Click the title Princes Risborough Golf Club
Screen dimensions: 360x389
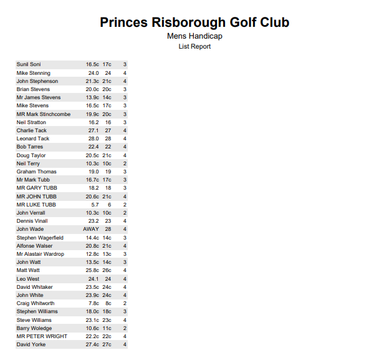coord(194,22)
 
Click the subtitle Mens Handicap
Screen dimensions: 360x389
coord(194,36)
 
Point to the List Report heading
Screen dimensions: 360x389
coord(194,46)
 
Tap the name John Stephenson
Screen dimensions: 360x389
coord(37,81)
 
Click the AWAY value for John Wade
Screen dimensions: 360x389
coord(91,230)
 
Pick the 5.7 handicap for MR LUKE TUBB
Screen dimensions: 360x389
coord(95,205)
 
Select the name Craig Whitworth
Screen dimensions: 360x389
coord(36,303)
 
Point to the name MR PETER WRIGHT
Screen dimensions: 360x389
coord(42,336)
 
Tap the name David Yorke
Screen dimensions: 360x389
coord(31,344)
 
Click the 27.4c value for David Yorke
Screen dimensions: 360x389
coord(92,344)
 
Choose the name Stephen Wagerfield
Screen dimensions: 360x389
coord(40,238)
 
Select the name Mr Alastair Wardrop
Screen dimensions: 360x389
coord(40,254)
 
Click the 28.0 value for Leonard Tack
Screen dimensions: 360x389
coord(94,139)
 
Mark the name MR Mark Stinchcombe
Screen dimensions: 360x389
coord(44,114)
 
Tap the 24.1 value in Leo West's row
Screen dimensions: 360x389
coord(94,279)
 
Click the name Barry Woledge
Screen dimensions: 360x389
coord(34,328)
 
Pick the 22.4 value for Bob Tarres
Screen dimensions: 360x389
coord(94,147)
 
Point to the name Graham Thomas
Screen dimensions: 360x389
coord(36,172)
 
